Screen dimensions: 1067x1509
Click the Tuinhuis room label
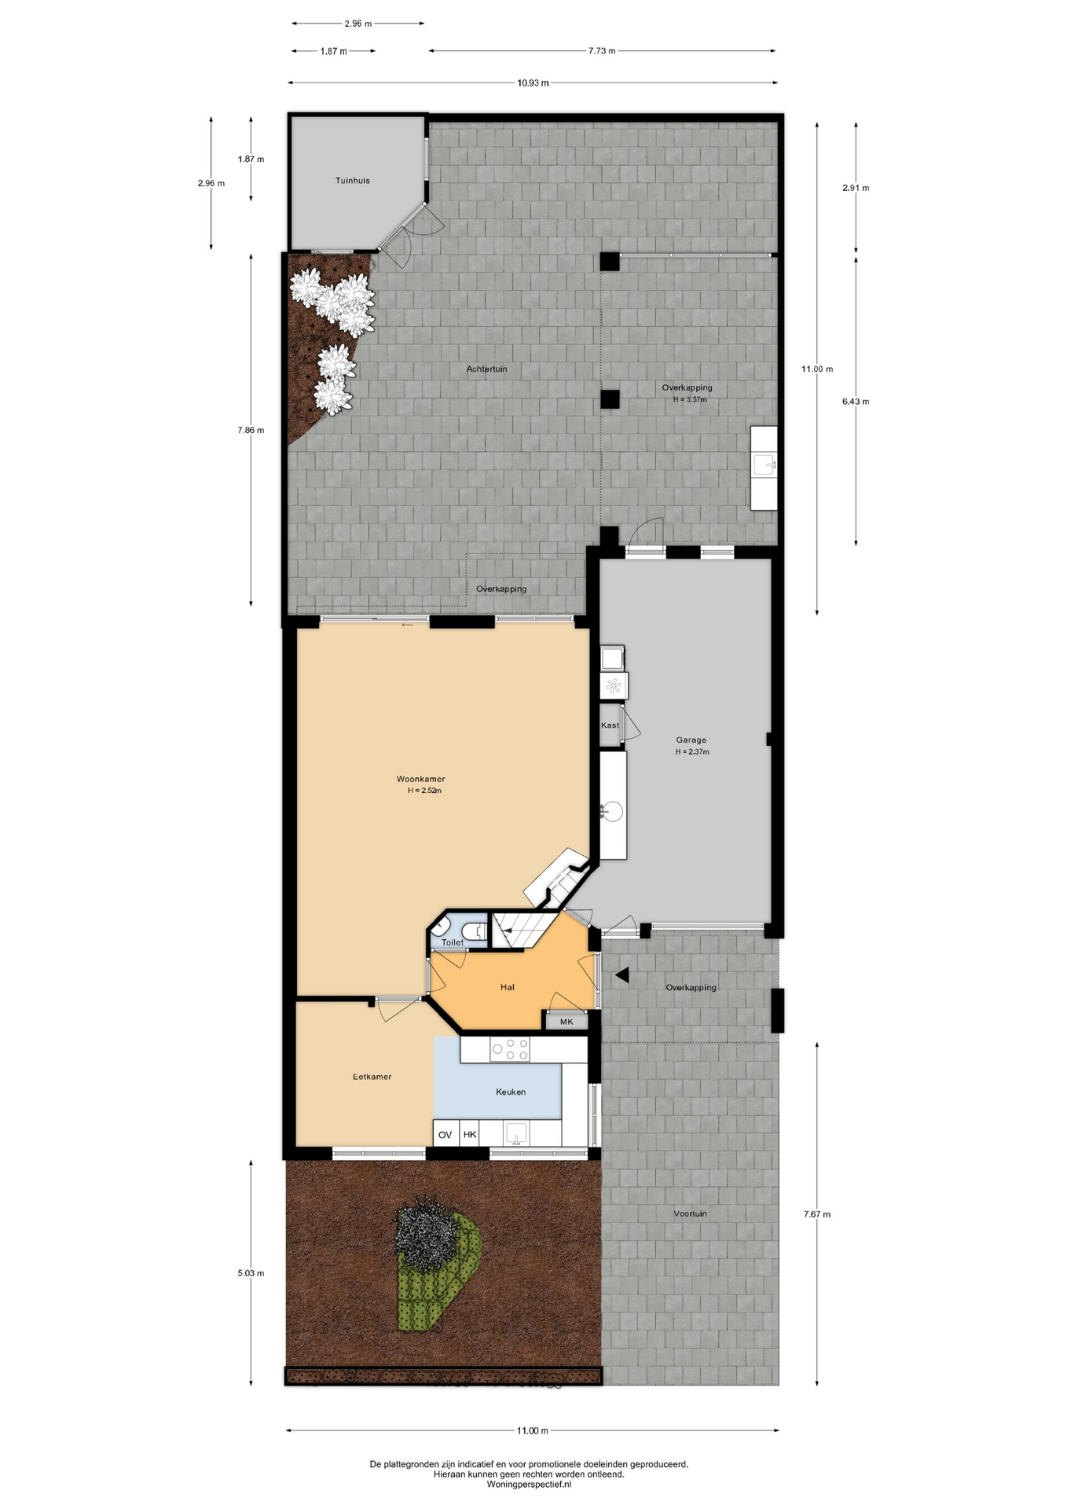pos(352,181)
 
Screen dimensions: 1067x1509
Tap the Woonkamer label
pos(420,780)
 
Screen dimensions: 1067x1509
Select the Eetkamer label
pos(372,1077)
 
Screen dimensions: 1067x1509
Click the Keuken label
pos(511,1092)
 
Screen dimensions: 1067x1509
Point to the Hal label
pos(508,987)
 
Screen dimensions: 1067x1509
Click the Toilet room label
pos(452,942)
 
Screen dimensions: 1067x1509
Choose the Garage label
pos(691,740)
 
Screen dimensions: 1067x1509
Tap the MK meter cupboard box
pos(566,1021)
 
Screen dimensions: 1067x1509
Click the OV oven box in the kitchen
pos(445,1134)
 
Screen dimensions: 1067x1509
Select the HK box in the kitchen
pos(470,1134)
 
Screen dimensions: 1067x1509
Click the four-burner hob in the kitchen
pos(509,1049)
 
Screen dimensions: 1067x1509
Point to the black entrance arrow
pos(622,975)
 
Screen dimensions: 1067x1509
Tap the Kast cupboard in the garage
pos(610,725)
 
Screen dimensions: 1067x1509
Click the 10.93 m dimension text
pos(533,83)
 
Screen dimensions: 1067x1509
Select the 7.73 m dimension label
pos(602,51)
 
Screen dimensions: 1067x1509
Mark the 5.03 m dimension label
pos(251,1273)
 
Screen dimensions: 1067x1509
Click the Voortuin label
pos(690,1213)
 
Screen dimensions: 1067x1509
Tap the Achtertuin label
pos(486,369)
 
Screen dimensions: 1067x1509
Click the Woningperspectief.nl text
pos(529,1485)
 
